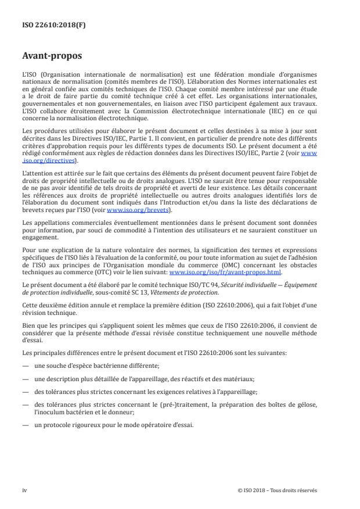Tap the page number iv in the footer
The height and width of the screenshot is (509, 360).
coord(24,490)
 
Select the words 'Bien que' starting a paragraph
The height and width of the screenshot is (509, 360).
coord(34,324)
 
